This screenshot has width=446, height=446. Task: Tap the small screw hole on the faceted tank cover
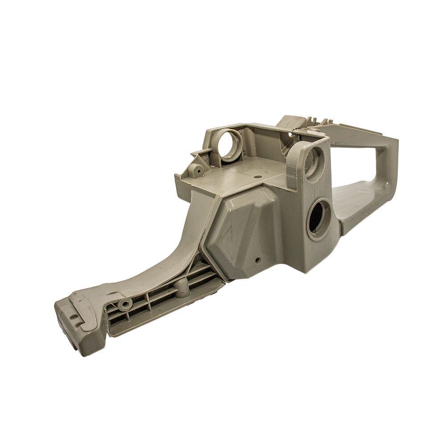point(257,259)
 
